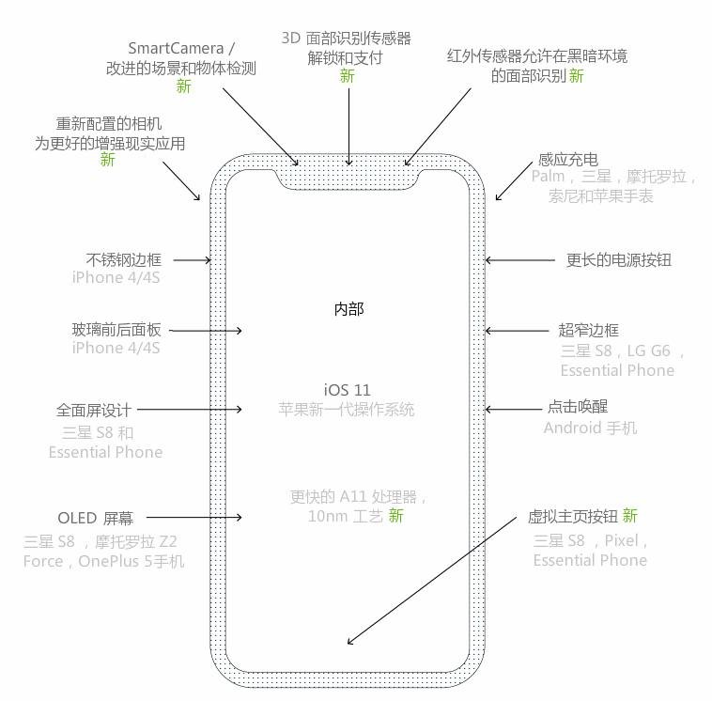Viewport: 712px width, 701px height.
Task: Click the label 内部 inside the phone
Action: pyautogui.click(x=348, y=309)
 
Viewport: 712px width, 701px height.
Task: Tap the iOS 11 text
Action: pyautogui.click(x=348, y=390)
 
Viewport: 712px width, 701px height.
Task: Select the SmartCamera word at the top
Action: pyautogui.click(x=176, y=48)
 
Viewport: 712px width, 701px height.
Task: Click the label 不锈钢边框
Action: pyautogui.click(x=123, y=260)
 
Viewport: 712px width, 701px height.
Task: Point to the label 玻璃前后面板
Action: pyautogui.click(x=116, y=330)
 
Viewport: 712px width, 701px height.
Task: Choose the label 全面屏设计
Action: pyautogui.click(x=94, y=411)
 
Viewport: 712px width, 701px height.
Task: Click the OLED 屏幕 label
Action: pyautogui.click(x=96, y=518)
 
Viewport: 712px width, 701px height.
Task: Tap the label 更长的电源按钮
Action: pyautogui.click(x=618, y=260)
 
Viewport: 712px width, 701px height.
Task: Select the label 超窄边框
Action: pyautogui.click(x=589, y=330)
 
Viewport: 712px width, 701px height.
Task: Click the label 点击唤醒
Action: pyautogui.click(x=578, y=407)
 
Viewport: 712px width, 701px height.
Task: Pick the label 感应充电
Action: pyautogui.click(x=568, y=160)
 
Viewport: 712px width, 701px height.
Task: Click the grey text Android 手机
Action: pyautogui.click(x=590, y=428)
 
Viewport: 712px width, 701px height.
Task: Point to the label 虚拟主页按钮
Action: pyautogui.click(x=573, y=517)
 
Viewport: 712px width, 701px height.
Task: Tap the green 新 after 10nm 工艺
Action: pyautogui.click(x=395, y=516)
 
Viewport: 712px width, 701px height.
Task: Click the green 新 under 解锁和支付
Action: pyautogui.click(x=348, y=76)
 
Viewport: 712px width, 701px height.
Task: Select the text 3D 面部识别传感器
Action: pyautogui.click(x=346, y=39)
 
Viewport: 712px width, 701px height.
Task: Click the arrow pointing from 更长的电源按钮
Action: pyautogui.click(x=520, y=260)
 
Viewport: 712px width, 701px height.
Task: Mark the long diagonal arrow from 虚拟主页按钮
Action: pyautogui.click(x=432, y=580)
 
